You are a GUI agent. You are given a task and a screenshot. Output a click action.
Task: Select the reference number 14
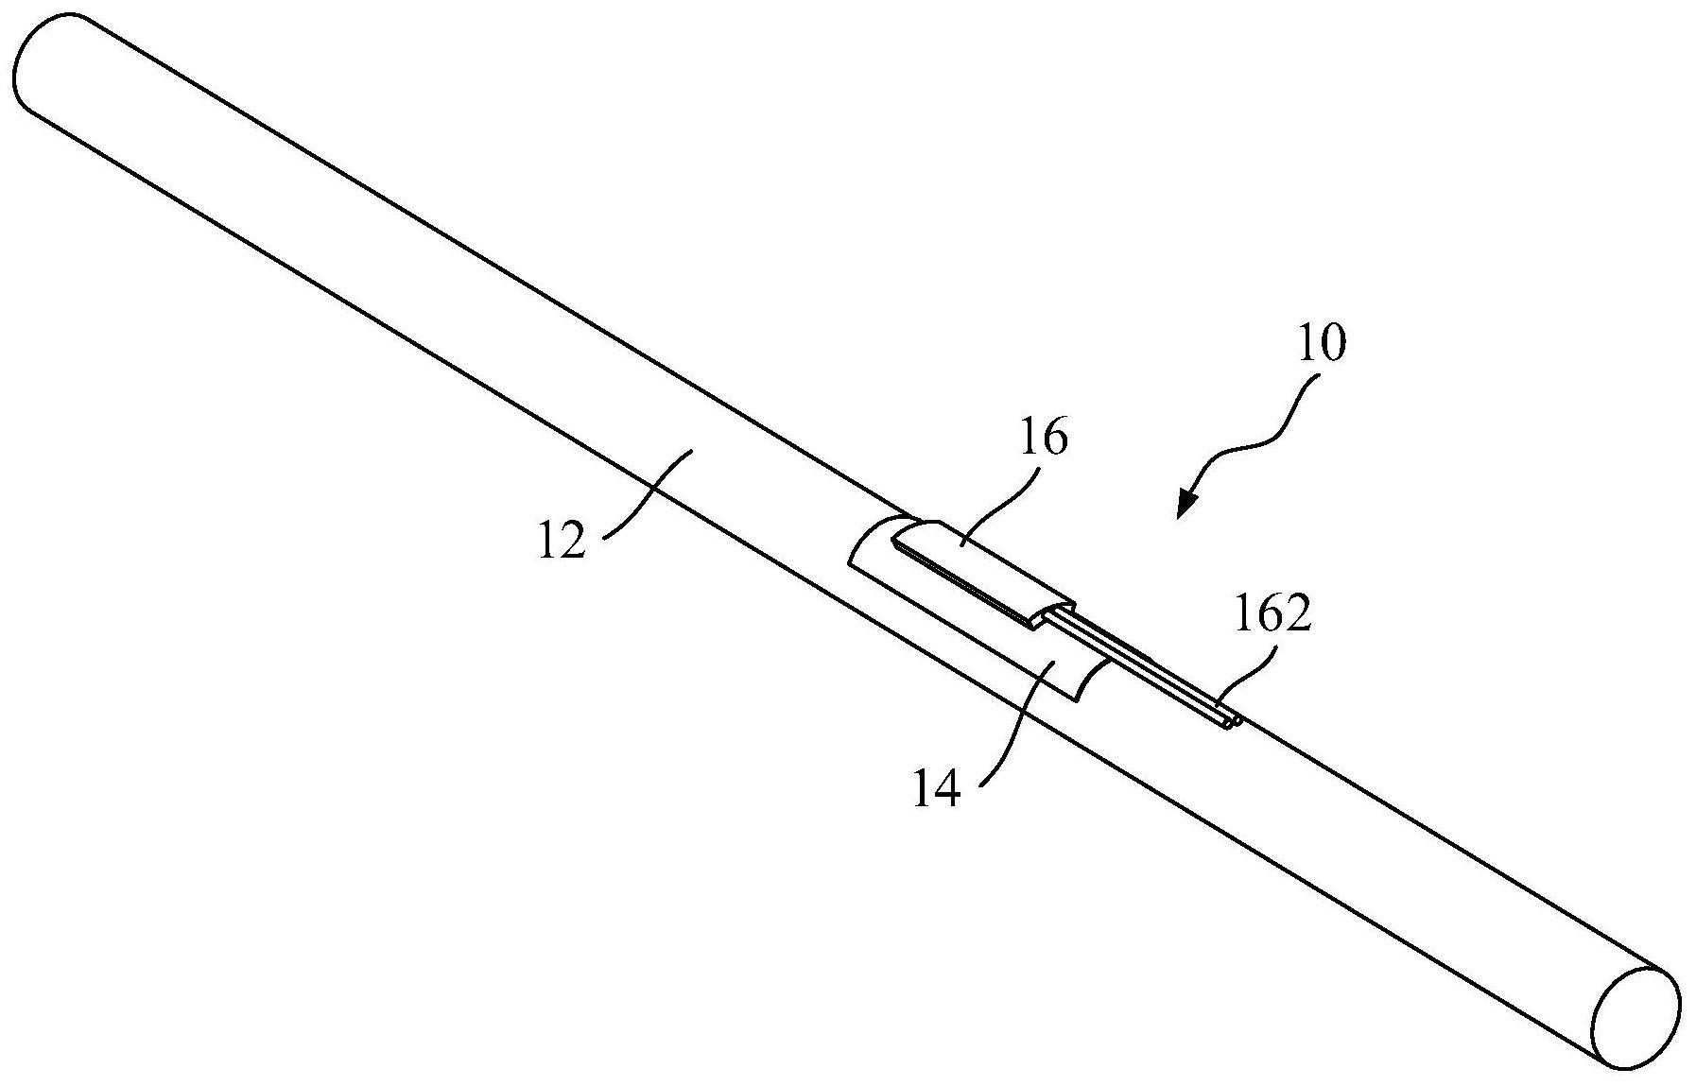point(937,787)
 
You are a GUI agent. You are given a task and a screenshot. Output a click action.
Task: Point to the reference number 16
point(1044,440)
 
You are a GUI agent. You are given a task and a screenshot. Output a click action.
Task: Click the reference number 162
point(1273,614)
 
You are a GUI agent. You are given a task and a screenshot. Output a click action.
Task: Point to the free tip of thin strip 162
point(1232,723)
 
